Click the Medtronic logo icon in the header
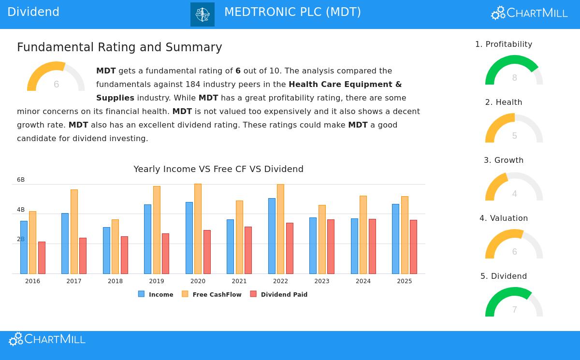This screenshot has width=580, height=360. (x=202, y=14)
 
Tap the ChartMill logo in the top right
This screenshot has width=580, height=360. (x=529, y=13)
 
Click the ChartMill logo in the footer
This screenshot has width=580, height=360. (x=47, y=339)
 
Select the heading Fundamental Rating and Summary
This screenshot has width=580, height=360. (x=119, y=47)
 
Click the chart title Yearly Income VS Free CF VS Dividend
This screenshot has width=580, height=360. (x=218, y=169)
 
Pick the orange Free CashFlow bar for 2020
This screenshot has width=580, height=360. (x=198, y=229)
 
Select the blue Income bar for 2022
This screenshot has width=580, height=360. (x=272, y=236)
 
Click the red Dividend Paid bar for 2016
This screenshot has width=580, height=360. (x=42, y=258)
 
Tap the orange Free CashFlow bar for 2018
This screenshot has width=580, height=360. (x=115, y=246)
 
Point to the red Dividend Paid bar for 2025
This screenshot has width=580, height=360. (x=413, y=246)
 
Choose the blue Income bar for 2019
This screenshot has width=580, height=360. (x=147, y=239)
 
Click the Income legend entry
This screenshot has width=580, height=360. (x=156, y=294)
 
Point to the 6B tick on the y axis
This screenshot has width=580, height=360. (x=21, y=180)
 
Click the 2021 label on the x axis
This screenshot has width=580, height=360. (x=239, y=281)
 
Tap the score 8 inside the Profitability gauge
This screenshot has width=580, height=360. (x=514, y=78)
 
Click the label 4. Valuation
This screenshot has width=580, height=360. (x=504, y=218)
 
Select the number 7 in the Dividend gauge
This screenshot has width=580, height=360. (x=514, y=310)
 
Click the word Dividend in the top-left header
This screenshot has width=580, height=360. (x=33, y=12)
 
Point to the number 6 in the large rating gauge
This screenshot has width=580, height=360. (x=56, y=85)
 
